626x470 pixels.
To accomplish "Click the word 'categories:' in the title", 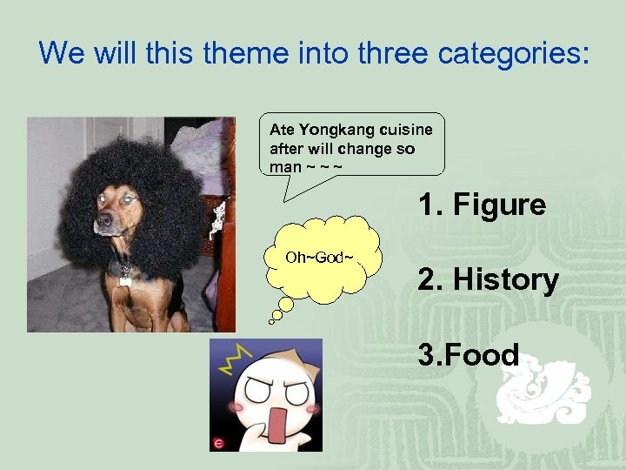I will pos(514,54).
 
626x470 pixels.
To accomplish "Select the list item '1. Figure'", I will pos(482,205).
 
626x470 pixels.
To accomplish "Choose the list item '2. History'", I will pos(487,280).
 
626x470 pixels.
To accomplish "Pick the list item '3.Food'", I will pos(468,355).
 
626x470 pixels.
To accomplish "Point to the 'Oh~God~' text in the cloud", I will pos(320,258).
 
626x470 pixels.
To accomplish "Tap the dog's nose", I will pos(102,221).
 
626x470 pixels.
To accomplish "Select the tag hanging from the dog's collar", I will pos(125,280).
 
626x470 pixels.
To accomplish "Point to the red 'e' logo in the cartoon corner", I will pos(218,443).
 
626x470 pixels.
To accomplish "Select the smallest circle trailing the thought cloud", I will pos(271,321).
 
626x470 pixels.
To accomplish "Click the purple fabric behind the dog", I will pos(209,152).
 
